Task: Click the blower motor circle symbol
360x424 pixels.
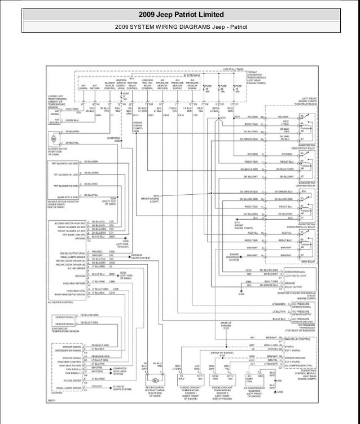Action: tap(54, 138)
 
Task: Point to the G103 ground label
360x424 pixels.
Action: tap(242, 294)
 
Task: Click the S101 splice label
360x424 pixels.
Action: tap(222, 117)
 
